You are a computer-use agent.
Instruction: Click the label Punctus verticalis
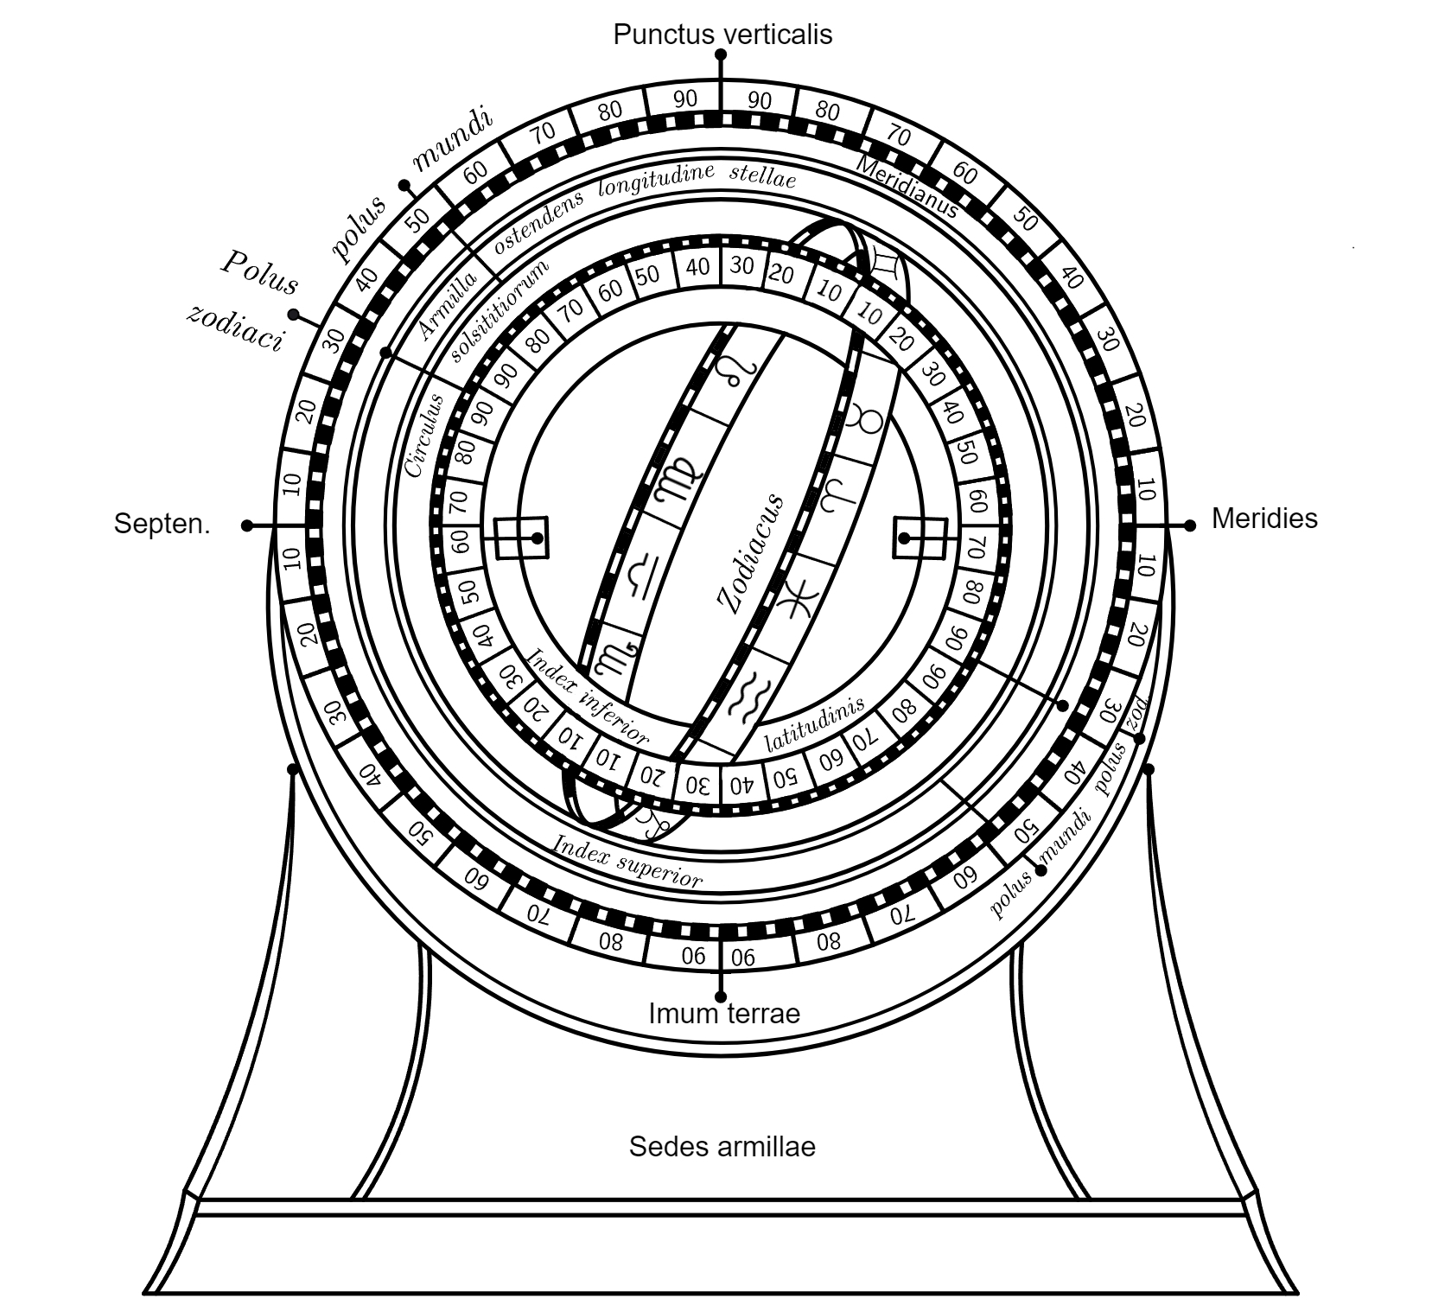[x=722, y=35]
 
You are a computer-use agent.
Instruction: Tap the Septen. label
[x=162, y=524]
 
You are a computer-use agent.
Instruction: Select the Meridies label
[x=1264, y=519]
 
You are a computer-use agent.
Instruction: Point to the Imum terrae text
[x=724, y=1013]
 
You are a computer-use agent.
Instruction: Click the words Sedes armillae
[x=722, y=1147]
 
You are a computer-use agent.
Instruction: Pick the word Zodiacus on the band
[x=751, y=553]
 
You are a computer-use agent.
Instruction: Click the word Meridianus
[x=907, y=187]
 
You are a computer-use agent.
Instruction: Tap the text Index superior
[x=627, y=861]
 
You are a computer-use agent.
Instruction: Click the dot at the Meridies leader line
[x=1190, y=525]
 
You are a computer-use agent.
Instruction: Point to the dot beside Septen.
[x=247, y=525]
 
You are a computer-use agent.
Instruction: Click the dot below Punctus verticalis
[x=721, y=54]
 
